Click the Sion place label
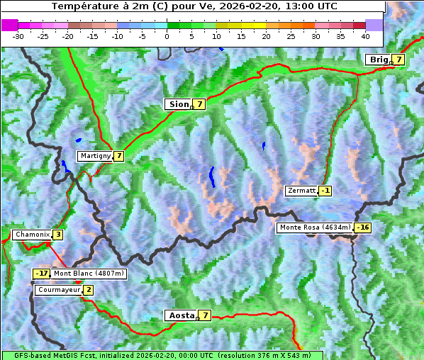(x=178, y=104)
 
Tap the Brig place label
(x=379, y=60)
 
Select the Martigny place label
(x=94, y=156)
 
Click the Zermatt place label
(x=301, y=191)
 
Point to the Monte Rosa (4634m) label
(x=314, y=227)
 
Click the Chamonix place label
(x=31, y=235)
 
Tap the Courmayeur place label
(x=58, y=290)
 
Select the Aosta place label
(x=180, y=315)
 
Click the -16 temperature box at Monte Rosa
(x=362, y=227)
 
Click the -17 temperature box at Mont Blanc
(x=42, y=274)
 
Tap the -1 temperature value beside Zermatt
(x=325, y=191)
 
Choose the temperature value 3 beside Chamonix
(x=57, y=235)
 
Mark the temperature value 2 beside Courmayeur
(x=88, y=290)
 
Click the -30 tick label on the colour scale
(x=18, y=35)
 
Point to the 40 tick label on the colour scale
(x=365, y=35)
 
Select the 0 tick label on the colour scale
(x=167, y=35)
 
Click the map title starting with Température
(x=193, y=6)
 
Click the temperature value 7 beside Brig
(x=399, y=60)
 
